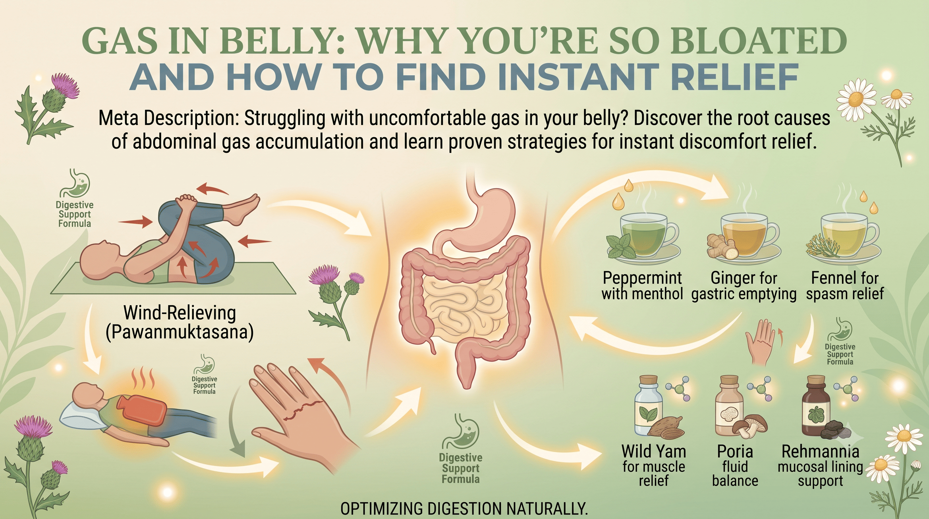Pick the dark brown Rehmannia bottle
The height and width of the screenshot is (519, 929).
point(816,410)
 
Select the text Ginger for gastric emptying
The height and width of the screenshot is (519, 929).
point(744,286)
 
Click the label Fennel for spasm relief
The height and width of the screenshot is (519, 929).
point(845,286)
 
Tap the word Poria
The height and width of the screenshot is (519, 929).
point(735,451)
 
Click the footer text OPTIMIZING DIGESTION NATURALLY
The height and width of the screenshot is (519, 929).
point(464,509)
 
